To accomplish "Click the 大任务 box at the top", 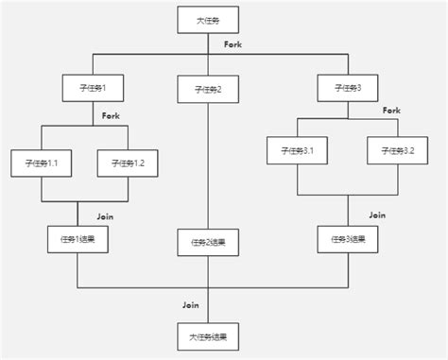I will (x=208, y=20).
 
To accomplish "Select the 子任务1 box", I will (x=93, y=89).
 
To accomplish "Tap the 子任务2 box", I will (x=208, y=90).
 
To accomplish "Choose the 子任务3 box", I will (x=348, y=88).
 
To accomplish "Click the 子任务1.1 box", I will (x=42, y=163).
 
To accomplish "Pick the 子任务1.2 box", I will (x=128, y=163).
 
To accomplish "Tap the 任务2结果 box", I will (x=208, y=242).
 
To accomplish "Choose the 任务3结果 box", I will (x=347, y=239).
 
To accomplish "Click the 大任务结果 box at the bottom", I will (x=208, y=335).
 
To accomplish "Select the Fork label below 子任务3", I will (x=391, y=111).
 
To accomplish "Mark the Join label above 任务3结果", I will (x=377, y=215).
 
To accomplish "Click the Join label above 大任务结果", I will (x=191, y=304).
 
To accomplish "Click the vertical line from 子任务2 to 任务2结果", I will (x=208, y=165).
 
